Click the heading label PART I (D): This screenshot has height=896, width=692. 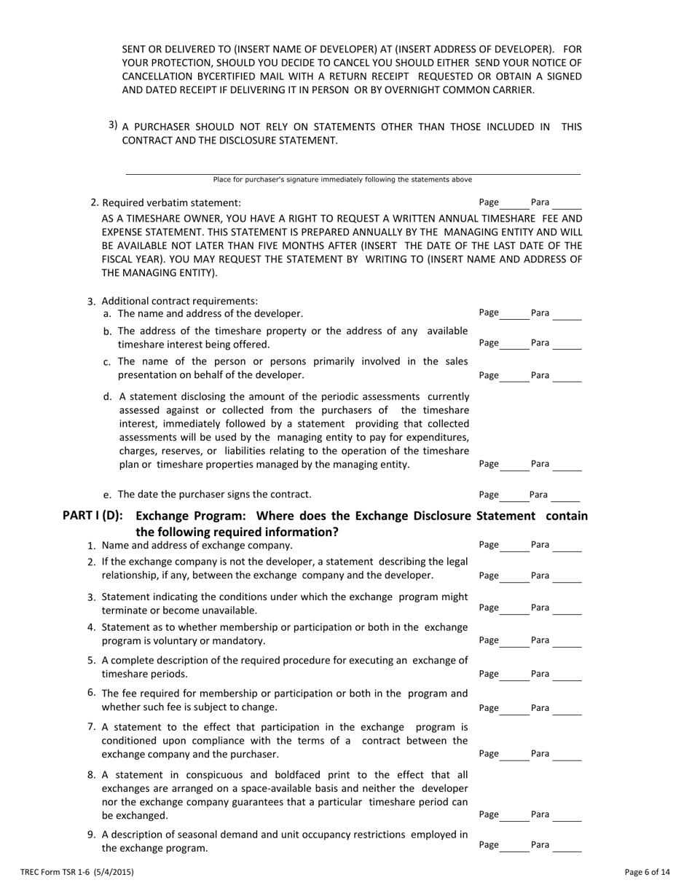(93, 516)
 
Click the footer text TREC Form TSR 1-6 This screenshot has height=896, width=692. (76, 871)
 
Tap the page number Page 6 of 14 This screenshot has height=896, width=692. (647, 871)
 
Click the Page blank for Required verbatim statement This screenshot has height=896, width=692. (514, 204)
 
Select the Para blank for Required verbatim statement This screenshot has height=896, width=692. (567, 204)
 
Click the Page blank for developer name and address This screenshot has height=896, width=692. (514, 315)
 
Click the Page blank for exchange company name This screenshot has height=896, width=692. (514, 546)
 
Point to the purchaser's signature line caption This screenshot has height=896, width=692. (342, 179)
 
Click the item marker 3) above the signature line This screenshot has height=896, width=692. (113, 125)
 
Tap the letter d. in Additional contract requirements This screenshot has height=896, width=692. (108, 397)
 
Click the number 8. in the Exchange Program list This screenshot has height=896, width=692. (92, 774)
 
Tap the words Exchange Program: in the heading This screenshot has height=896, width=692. (181, 516)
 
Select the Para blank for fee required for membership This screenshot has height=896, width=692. (567, 709)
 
